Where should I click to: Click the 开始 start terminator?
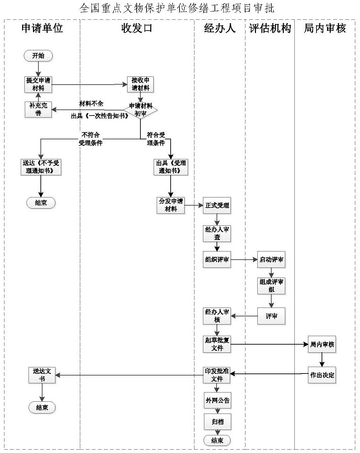pos(38,56)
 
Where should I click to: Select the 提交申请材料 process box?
pos(38,84)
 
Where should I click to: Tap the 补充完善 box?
pos(38,109)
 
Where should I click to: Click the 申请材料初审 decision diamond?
pos(140,110)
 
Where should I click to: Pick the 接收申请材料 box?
pos(140,84)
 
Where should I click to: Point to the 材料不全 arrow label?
pos(91,104)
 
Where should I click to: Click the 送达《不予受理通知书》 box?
pos(41,167)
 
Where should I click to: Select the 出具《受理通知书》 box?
pos(171,167)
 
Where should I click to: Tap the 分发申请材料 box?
pos(171,206)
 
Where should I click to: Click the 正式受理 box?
pos(217,206)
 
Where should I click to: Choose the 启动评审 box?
pos(271,260)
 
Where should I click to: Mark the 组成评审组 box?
pos(271,286)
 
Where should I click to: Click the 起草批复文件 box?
pos(217,344)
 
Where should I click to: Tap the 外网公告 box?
pos(217,400)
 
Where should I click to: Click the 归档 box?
pos(217,422)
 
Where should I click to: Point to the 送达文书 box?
pos(42,375)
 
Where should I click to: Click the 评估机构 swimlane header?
pos(270,29)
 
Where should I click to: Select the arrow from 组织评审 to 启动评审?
pos(244,260)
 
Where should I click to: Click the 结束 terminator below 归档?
pos(217,440)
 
